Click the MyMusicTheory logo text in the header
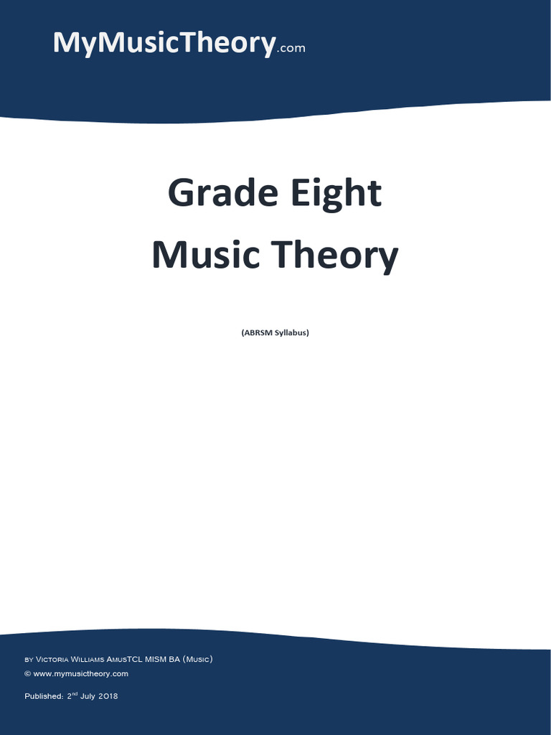[164, 43]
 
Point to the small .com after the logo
[291, 49]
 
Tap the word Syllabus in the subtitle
[292, 333]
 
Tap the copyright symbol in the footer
[27, 674]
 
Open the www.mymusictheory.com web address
[80, 674]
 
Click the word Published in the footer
[43, 696]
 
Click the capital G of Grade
[180, 194]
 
